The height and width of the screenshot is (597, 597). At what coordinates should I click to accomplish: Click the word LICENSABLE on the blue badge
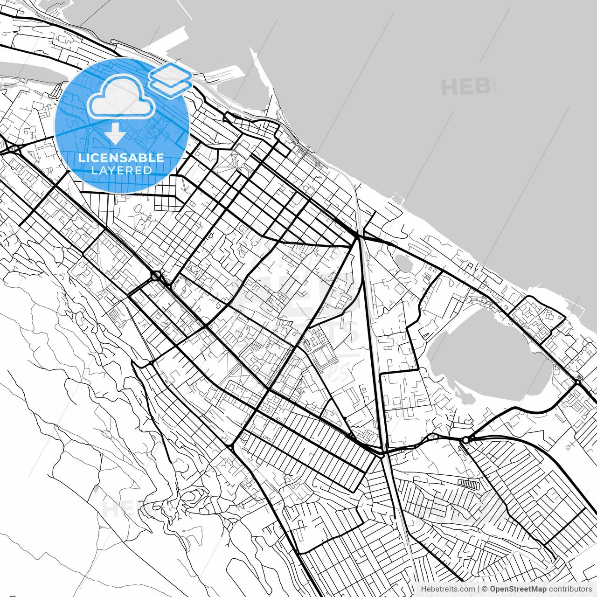coord(121,158)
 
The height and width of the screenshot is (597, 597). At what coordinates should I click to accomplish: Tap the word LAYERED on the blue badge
coord(121,170)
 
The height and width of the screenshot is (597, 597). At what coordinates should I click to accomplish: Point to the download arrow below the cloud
coord(115,135)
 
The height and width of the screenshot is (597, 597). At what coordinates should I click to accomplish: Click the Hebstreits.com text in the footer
coord(447,589)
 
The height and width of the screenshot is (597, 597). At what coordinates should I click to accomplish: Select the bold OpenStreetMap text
coord(518,589)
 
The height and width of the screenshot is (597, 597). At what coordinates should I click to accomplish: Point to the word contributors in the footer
coord(569,589)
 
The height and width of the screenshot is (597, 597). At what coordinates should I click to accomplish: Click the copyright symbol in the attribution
coord(485,589)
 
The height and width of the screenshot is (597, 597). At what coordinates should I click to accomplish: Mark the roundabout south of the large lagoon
coord(465,439)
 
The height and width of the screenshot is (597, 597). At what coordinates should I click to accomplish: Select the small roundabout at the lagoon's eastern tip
coord(578,382)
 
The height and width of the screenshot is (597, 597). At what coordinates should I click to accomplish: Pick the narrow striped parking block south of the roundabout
coord(469,485)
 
